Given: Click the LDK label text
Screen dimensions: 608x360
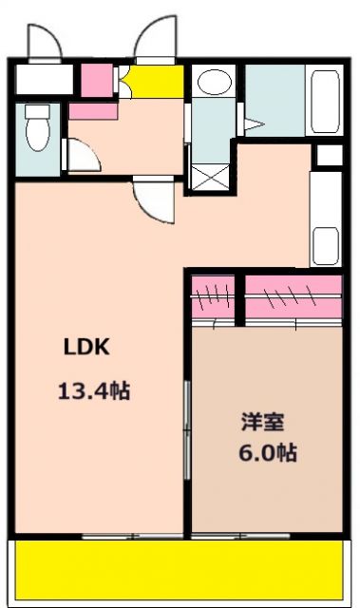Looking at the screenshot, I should (x=87, y=348).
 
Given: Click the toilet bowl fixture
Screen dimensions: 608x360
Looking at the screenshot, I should (x=38, y=130).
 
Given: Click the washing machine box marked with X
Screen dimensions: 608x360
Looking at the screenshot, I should (x=210, y=178).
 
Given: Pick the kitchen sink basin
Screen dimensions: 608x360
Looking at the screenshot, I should (x=325, y=245).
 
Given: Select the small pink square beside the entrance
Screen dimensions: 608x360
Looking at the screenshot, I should (x=95, y=80).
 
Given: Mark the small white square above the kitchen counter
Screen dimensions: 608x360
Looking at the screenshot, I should (x=328, y=156).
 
